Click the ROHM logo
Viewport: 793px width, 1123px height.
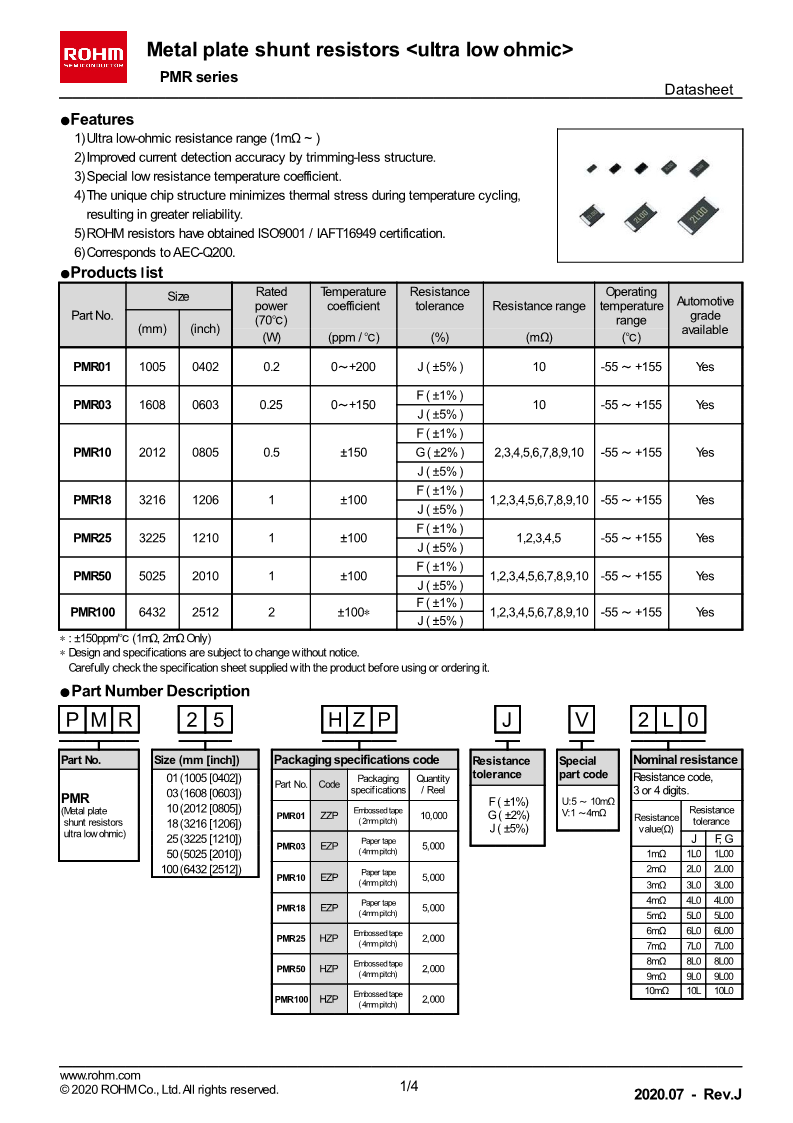(94, 53)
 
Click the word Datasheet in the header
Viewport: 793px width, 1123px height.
(698, 90)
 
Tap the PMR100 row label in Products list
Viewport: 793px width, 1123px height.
(92, 611)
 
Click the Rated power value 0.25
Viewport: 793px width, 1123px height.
(271, 404)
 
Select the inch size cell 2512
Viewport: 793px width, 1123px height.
(205, 611)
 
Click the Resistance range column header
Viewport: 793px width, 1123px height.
(539, 306)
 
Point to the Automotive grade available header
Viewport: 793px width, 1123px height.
(704, 315)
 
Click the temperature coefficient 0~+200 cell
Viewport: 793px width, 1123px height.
(353, 366)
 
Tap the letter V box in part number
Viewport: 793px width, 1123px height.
(583, 720)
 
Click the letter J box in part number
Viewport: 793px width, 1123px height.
(509, 720)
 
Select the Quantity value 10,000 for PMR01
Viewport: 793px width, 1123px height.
(433, 816)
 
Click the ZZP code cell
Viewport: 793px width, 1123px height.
(329, 816)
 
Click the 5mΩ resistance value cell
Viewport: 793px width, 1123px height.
(655, 915)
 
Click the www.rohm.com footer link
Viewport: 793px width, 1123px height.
(100, 1075)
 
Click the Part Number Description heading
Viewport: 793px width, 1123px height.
(160, 691)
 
